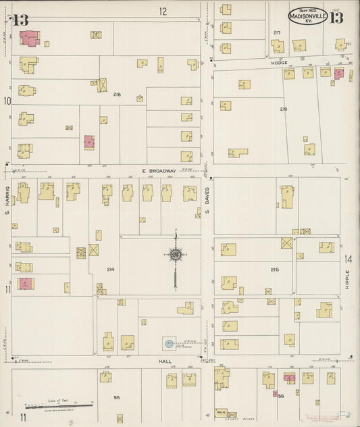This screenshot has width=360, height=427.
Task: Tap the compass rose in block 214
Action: click(175, 255)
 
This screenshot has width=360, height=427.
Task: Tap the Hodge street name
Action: click(280, 63)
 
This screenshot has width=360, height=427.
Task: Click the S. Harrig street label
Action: click(7, 198)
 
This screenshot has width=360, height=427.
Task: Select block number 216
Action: click(283, 108)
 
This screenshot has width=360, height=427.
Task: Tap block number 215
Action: click(274, 270)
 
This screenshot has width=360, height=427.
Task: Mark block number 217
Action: click(276, 32)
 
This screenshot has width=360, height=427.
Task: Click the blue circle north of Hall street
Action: click(168, 344)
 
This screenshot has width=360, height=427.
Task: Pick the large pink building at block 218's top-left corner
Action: click(29, 38)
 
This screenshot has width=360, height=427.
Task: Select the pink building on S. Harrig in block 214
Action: click(25, 284)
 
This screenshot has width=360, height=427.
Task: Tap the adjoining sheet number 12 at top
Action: click(163, 11)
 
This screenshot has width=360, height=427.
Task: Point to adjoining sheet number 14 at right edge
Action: click(349, 259)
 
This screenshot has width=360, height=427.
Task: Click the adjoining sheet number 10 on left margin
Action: click(7, 101)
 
